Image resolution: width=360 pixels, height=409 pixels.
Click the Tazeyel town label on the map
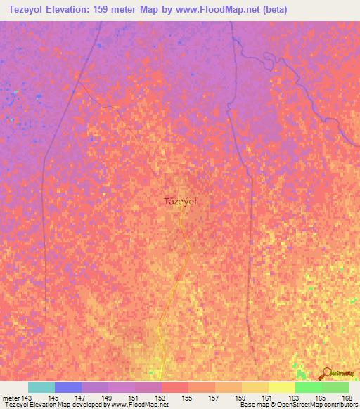point(180,201)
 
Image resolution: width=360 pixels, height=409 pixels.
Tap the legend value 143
point(26,398)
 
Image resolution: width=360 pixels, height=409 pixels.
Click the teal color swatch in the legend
point(41,387)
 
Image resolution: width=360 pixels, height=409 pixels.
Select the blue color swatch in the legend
point(68,387)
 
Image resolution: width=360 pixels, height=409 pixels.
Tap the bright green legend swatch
point(308,387)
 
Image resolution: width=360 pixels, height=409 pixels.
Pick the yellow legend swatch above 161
point(281,387)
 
